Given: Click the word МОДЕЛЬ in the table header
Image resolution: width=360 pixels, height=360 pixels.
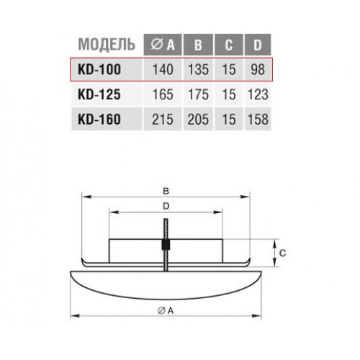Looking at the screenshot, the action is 107,45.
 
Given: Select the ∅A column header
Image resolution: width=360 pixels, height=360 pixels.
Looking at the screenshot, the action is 163,45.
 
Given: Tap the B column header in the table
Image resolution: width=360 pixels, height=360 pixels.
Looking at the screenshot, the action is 198,45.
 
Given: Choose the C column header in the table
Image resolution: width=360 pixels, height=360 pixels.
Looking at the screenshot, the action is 229,45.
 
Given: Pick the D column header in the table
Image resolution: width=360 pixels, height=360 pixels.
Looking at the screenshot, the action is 258,45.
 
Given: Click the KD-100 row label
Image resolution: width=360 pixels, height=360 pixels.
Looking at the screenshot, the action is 99,70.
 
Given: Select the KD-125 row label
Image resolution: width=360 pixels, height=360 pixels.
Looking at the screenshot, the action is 99,94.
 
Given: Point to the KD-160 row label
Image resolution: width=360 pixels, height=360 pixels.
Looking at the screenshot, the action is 99,120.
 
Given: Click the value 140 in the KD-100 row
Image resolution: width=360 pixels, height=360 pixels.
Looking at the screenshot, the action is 163,70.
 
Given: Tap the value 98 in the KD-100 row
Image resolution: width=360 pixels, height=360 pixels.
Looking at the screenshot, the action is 258,70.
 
